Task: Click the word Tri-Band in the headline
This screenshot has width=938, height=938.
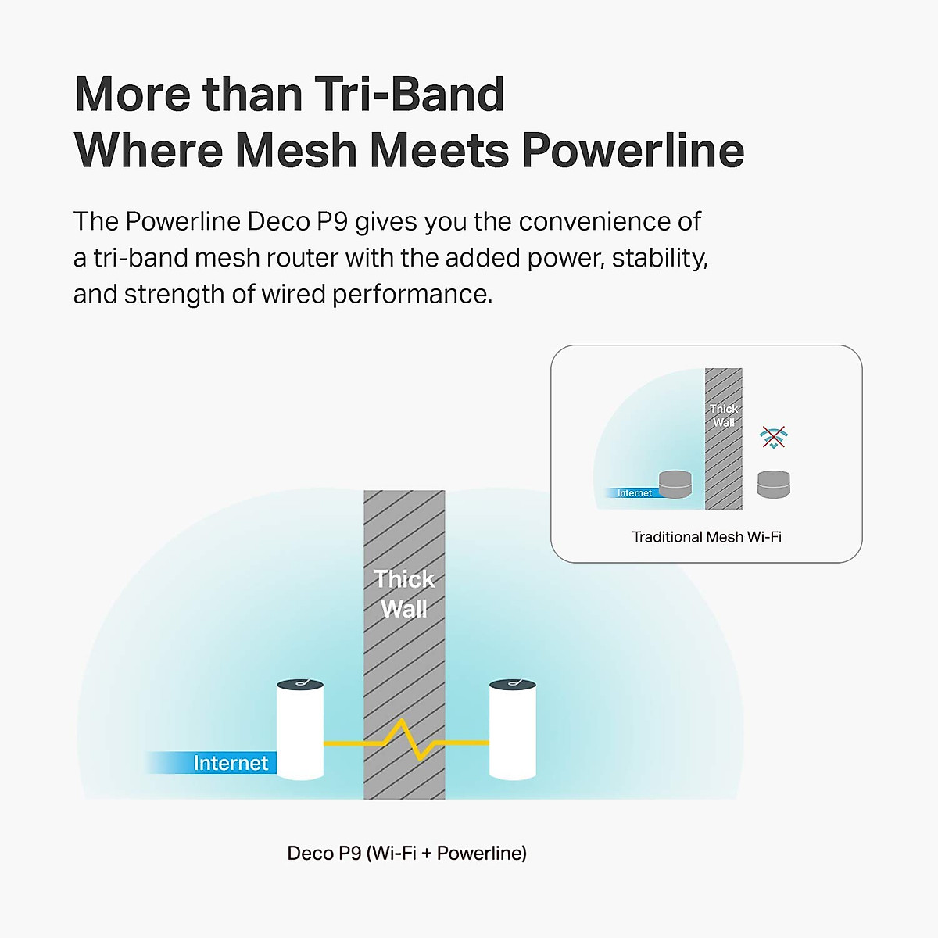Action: tap(410, 94)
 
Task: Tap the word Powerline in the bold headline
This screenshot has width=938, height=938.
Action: tap(633, 150)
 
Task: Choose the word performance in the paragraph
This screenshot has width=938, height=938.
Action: tap(412, 295)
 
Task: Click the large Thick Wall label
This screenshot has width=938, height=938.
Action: tap(404, 594)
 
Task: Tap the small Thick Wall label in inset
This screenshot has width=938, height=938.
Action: tap(724, 415)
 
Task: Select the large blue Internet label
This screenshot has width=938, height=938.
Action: tap(231, 763)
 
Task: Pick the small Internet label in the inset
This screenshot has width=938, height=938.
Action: tap(634, 493)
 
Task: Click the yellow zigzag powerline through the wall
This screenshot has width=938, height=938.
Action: tap(406, 739)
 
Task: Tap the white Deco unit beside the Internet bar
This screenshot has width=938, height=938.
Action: tap(300, 729)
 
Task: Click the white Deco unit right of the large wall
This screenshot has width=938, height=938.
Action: tap(513, 729)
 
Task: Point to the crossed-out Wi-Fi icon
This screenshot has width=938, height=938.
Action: tap(774, 437)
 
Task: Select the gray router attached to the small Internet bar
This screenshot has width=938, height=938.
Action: tap(675, 485)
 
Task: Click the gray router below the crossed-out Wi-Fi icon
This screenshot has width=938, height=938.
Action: tap(774, 485)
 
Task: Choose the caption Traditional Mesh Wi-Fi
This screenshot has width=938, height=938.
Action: tap(707, 537)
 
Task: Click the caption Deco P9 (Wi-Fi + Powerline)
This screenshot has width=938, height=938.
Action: tap(407, 854)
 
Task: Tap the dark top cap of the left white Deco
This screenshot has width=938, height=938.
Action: tap(300, 685)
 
